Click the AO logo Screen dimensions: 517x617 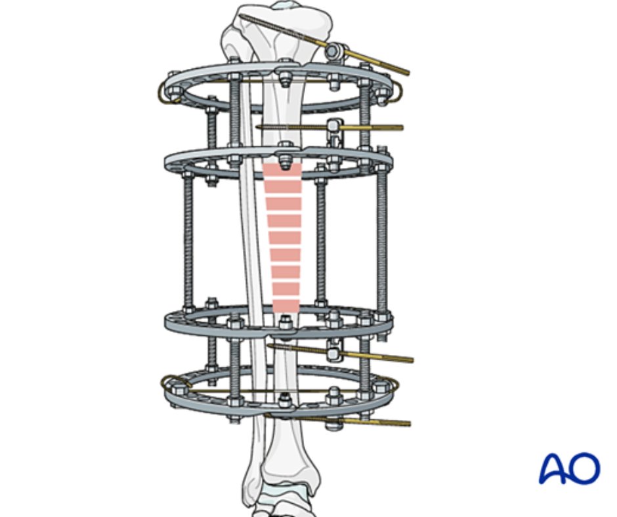(569, 468)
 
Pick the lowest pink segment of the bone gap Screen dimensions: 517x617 (286, 306)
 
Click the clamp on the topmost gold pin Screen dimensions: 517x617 (337, 50)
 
